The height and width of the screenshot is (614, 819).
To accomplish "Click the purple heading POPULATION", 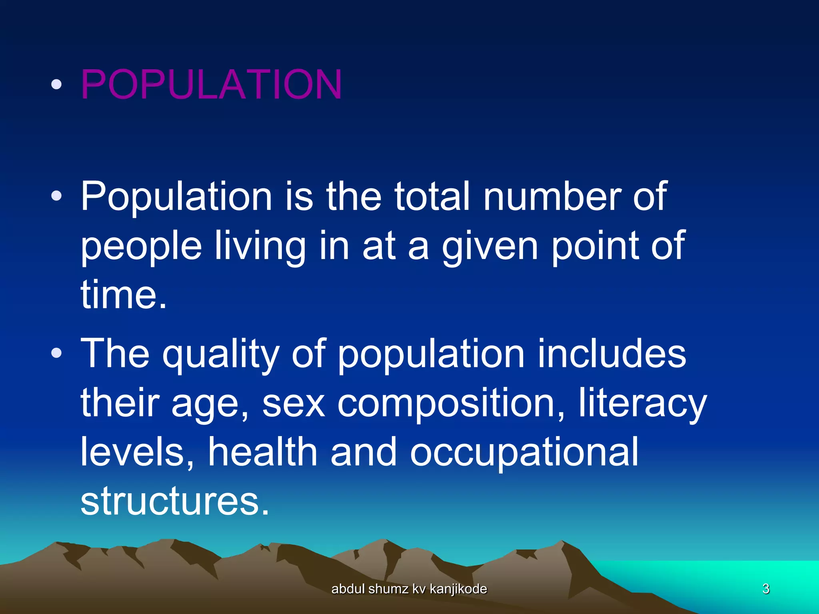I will click(211, 84).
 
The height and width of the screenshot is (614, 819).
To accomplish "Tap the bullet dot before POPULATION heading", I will click(57, 84).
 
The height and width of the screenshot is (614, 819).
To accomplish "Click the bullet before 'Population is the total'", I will click(57, 196).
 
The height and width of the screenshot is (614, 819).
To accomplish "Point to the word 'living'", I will click(260, 246).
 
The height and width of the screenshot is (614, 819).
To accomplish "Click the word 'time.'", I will click(124, 295).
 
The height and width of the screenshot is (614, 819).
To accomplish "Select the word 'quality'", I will click(220, 354).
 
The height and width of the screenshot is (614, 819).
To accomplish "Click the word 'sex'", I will click(294, 403).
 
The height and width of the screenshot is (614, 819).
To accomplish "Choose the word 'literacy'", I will click(643, 403).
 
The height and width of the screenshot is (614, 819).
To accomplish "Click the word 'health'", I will click(263, 452).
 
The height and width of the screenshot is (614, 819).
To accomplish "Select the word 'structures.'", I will click(175, 501).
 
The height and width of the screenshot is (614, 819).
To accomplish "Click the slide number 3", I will click(766, 589).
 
